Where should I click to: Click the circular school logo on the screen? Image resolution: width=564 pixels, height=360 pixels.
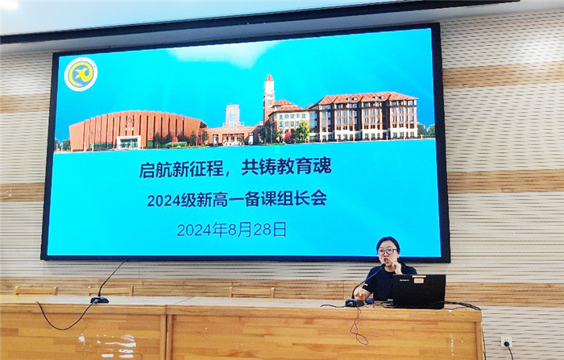[x=81, y=74]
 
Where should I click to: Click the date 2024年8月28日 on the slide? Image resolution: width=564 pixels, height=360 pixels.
[x=231, y=230]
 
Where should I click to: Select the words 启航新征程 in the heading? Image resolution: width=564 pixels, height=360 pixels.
[x=180, y=169]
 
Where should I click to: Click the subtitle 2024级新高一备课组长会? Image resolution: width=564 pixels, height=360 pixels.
[x=236, y=199]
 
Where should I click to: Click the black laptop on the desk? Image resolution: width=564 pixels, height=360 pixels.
[x=418, y=292]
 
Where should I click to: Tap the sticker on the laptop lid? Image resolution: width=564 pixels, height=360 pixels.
[x=420, y=281]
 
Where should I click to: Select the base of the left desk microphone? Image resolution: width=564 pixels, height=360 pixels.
[x=99, y=300]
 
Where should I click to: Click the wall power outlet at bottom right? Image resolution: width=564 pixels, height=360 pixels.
[x=506, y=341]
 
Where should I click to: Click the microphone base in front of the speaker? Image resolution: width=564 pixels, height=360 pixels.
[x=355, y=302]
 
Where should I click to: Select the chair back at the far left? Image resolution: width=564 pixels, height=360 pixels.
[x=35, y=290]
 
